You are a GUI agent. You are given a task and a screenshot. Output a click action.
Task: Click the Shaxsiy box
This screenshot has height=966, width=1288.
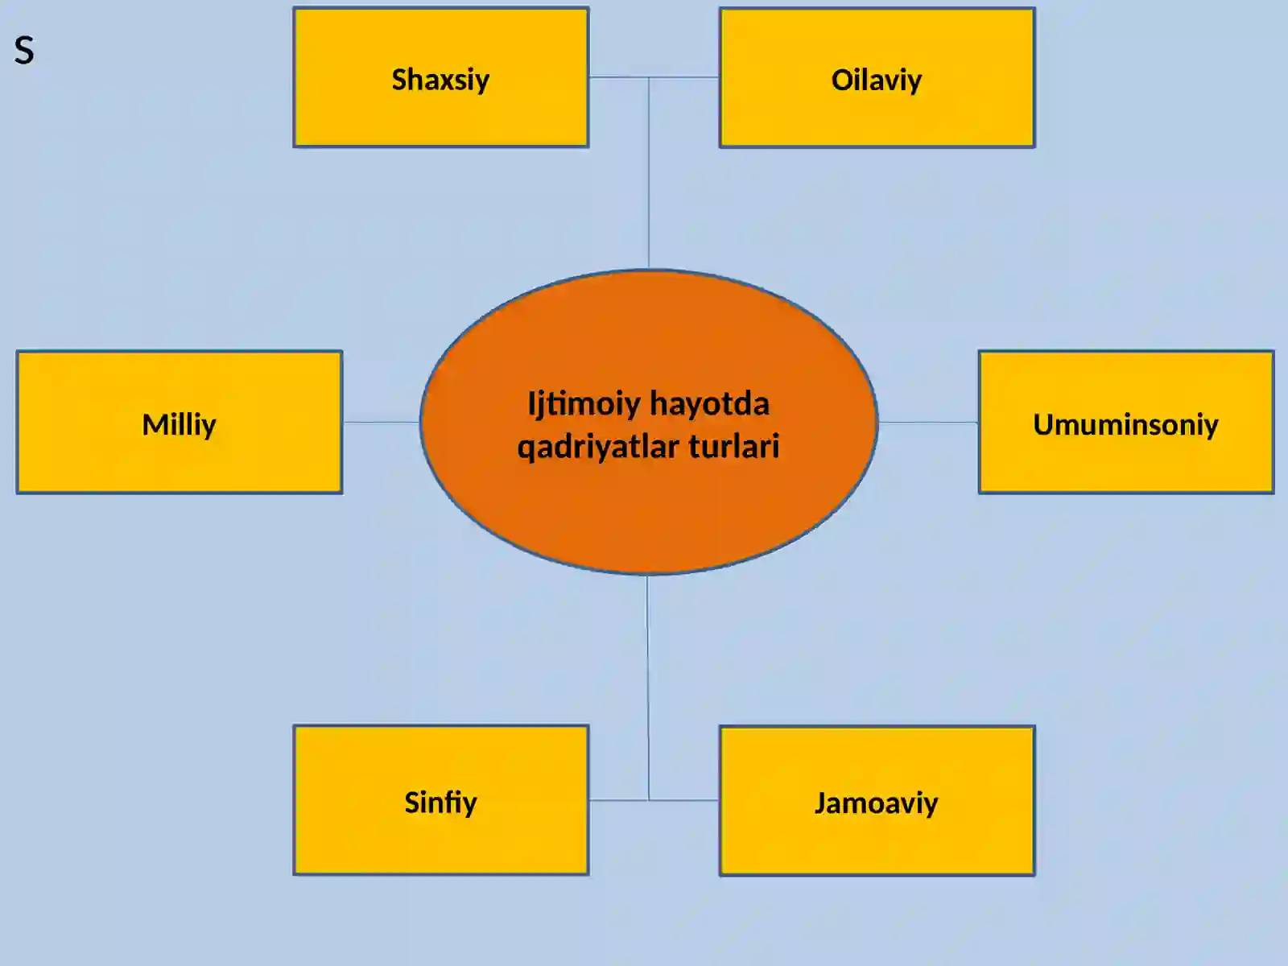(440, 76)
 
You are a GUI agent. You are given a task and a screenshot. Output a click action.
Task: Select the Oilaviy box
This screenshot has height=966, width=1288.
(877, 76)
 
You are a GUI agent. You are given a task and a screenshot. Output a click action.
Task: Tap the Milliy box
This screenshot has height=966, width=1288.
(180, 423)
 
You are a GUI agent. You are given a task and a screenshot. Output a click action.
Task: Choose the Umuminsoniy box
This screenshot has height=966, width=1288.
(1126, 423)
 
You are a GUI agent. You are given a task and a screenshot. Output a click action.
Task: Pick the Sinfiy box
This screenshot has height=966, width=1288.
(440, 800)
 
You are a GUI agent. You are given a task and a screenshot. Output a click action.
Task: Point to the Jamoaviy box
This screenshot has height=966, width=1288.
(877, 801)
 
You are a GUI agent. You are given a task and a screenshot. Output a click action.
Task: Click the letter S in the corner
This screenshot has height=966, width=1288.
(24, 51)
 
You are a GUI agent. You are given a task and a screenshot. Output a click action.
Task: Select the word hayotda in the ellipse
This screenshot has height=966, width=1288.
(709, 403)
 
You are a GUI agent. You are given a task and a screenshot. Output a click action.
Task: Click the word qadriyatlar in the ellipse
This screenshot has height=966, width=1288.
(598, 447)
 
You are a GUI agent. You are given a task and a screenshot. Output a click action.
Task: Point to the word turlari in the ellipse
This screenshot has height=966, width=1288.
(734, 446)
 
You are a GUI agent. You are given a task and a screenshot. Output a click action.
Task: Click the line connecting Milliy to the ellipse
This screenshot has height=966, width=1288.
(382, 422)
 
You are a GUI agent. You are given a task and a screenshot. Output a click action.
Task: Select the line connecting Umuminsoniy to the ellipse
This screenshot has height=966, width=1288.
(928, 422)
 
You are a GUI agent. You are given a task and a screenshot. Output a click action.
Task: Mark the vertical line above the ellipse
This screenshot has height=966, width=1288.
(648, 172)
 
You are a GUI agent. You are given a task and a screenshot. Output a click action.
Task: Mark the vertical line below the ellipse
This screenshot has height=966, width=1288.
(648, 687)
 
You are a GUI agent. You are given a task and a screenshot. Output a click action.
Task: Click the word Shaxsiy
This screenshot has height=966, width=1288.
(440, 81)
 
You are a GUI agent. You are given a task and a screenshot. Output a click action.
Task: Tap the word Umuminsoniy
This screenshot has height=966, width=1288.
(1125, 425)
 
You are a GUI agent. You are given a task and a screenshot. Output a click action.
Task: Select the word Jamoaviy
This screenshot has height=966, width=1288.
(876, 803)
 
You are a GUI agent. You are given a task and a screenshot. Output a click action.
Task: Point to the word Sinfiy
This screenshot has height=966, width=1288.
(440, 803)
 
